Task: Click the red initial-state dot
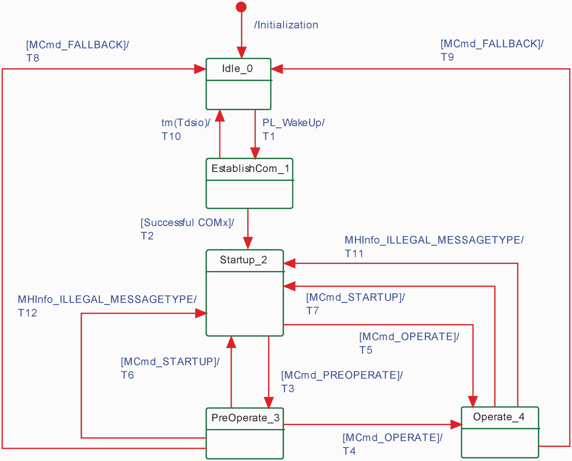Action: [241, 7]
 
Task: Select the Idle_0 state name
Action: [237, 69]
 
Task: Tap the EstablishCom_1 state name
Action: [250, 169]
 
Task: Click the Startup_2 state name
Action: [244, 260]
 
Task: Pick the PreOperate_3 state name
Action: [245, 418]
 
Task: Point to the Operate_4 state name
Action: [499, 417]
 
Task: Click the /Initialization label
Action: [286, 25]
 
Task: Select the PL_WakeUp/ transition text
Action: [294, 122]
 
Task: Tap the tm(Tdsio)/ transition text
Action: [186, 122]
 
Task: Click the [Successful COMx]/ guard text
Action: [187, 222]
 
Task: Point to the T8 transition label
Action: [33, 58]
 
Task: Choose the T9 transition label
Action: [447, 57]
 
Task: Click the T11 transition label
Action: [354, 253]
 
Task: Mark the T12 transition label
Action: [28, 313]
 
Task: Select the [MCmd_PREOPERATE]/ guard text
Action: [342, 375]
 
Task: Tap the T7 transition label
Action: [312, 310]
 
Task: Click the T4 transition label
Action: [349, 451]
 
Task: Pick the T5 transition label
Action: [366, 350]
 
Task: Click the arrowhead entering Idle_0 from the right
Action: [277, 69]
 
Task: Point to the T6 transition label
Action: [127, 375]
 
